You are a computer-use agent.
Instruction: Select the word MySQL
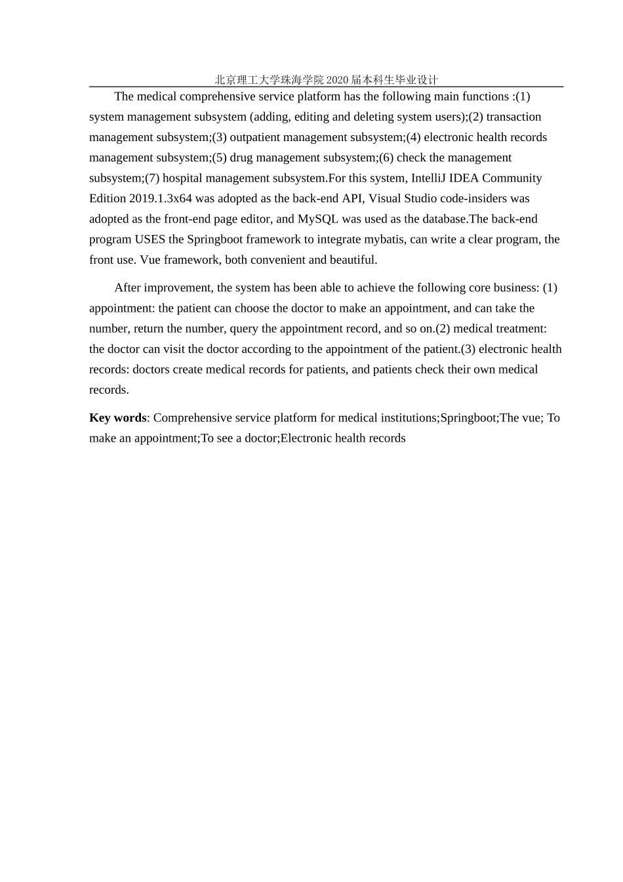[x=318, y=219]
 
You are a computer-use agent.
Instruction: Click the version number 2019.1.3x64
[x=161, y=198]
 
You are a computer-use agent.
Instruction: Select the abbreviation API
[x=353, y=198]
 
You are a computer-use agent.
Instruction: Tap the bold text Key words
[x=118, y=418]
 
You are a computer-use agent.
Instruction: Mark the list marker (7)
[x=151, y=178]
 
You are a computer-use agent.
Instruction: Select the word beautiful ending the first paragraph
[x=353, y=259]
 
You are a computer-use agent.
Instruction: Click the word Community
[x=512, y=178]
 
